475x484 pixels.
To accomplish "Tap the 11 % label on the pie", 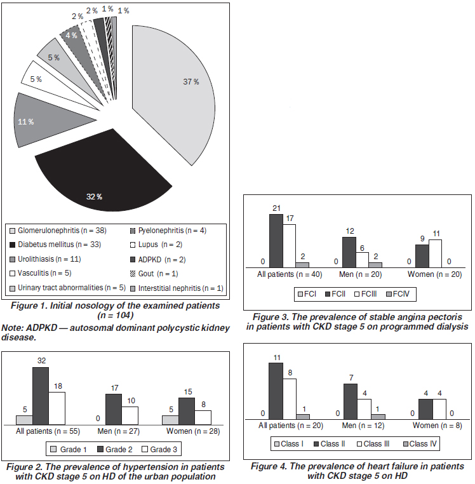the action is pos(25,122).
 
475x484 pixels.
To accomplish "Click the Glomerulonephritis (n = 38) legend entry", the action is pos(58,231).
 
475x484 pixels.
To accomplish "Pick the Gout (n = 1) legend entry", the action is pos(154,274).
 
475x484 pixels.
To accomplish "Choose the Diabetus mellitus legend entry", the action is pos(55,245).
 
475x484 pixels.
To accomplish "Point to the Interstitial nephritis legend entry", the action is pos(177,288).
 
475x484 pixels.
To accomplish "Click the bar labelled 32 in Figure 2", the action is pos(41,396).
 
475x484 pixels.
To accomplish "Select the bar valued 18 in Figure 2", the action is pos(57,408).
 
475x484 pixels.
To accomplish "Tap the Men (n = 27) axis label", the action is pos(119,431).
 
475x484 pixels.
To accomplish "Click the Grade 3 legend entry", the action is pos(159,450).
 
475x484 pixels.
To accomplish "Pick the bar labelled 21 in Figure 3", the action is pos(276,241).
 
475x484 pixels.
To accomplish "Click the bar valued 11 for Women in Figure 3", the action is pos(435,253).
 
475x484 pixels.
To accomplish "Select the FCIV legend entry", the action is pos(398,294).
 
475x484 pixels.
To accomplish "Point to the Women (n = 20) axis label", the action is pos(434,274).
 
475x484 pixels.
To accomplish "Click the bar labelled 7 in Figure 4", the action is pos(351,401).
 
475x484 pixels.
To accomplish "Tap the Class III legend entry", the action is pos(373,444).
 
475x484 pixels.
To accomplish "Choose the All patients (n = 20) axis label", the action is pos(291,426).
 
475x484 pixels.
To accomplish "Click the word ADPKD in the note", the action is pos(42,328).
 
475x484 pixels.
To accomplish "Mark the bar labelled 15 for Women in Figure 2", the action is pos(187,411).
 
